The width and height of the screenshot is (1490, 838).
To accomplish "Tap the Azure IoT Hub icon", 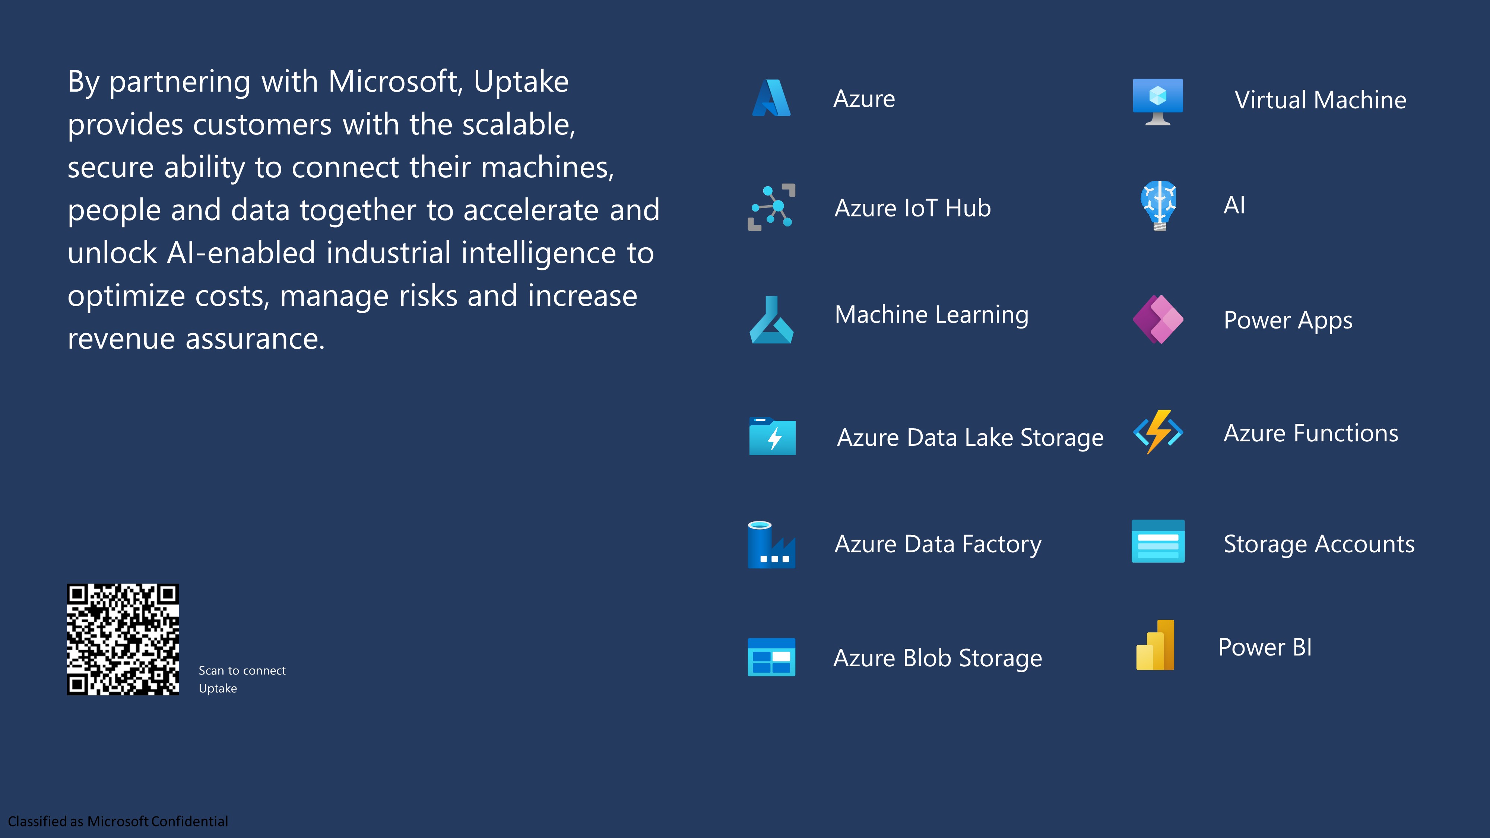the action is (x=771, y=207).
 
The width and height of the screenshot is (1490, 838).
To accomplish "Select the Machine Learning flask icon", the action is (x=771, y=320).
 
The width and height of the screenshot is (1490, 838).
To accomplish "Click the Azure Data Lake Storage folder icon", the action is (x=772, y=436).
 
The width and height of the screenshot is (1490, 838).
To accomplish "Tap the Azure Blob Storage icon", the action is (x=771, y=657).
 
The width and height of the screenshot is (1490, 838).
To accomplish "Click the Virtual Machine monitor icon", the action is (x=1158, y=102).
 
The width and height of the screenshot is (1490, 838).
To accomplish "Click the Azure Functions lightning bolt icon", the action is (x=1158, y=432).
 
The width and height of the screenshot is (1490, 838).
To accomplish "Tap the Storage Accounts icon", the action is (x=1158, y=541).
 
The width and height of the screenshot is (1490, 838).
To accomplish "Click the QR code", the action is (x=123, y=639).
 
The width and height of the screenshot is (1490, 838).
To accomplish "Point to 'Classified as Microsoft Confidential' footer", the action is (x=118, y=821).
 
